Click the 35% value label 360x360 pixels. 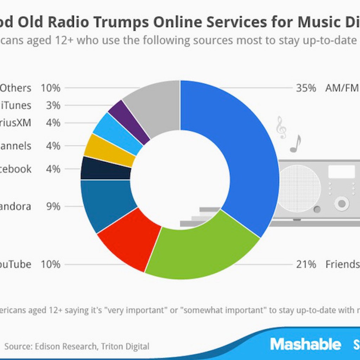click(306, 88)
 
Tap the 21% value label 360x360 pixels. click(306, 264)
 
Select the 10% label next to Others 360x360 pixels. click(50, 88)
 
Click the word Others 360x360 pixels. click(15, 88)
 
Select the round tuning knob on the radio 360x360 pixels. click(341, 203)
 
